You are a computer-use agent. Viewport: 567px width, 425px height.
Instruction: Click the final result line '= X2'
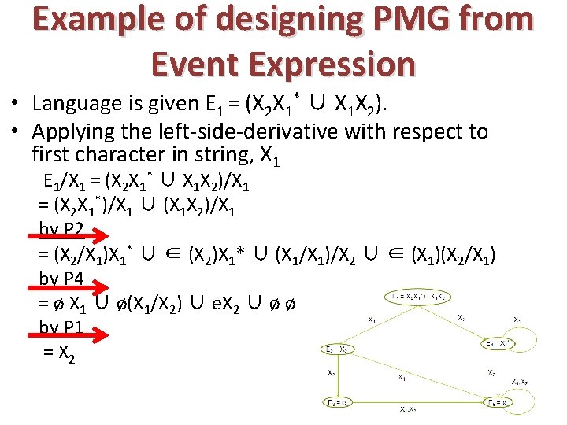pyautogui.click(x=60, y=356)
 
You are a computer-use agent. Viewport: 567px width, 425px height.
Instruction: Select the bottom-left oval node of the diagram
pyautogui.click(x=341, y=403)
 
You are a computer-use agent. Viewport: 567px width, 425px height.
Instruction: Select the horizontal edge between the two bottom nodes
pyautogui.click(x=417, y=403)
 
